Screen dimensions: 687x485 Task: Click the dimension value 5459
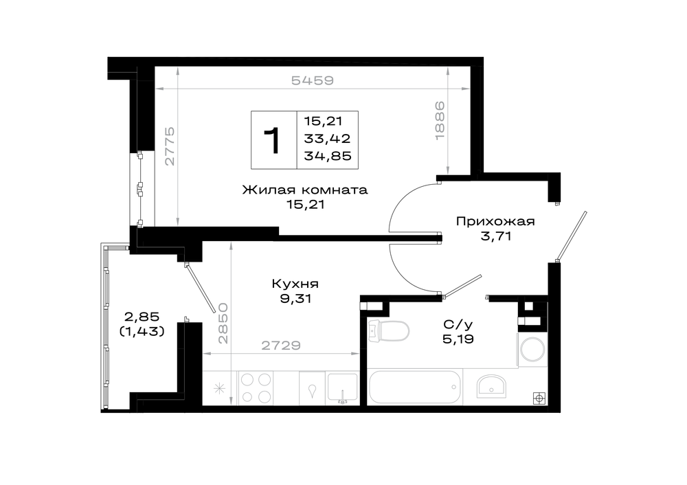[313, 80]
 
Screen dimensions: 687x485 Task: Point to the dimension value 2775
[170, 146]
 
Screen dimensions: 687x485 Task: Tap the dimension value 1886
[440, 120]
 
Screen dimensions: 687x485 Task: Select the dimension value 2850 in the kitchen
[223, 323]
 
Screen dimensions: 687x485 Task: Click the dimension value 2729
[281, 346]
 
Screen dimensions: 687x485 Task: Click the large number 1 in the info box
[273, 140]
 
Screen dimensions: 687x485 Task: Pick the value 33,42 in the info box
[327, 139]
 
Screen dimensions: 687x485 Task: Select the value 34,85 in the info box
[328, 156]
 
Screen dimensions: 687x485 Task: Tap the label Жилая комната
[305, 190]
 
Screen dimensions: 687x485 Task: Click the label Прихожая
[495, 221]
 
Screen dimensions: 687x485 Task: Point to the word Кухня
[295, 284]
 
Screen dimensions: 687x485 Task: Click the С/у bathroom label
[458, 325]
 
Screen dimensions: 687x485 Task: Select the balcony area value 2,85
[142, 316]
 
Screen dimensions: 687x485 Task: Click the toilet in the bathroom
[389, 331]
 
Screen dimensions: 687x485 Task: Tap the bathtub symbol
[415, 387]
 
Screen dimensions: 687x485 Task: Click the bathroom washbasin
[491, 387]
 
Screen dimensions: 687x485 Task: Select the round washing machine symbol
[532, 350]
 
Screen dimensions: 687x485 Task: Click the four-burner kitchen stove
[256, 387]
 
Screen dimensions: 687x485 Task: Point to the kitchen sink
[343, 387]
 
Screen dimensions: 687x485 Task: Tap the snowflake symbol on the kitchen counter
[219, 388]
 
